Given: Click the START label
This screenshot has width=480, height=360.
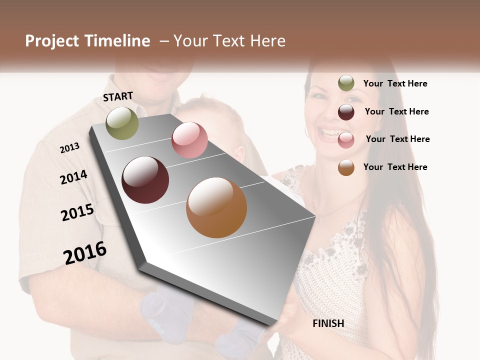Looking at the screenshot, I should point(118,96).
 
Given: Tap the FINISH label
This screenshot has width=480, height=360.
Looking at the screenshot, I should point(328,323).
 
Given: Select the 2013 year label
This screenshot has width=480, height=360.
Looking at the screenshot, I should point(69,148).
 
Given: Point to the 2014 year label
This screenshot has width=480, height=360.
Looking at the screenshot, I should point(73,177).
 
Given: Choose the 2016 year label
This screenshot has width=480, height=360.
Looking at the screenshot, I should point(85,253).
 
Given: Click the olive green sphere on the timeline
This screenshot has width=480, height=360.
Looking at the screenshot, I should point(122,123).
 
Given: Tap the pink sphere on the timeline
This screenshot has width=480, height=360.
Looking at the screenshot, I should point(189,140).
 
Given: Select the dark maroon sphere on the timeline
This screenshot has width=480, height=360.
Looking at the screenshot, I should point(145,180).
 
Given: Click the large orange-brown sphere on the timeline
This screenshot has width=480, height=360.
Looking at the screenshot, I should point(216,207).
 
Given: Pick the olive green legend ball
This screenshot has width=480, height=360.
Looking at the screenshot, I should point(346,83).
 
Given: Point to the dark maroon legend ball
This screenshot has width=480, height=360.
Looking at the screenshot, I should point(346,112).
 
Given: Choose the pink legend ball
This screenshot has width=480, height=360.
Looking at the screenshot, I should point(346,140).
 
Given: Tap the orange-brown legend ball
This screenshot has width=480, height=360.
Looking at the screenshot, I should point(346,167).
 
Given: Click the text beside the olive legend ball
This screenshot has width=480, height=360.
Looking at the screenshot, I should point(395,83).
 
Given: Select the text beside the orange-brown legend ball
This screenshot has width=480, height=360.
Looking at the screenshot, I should point(395,167).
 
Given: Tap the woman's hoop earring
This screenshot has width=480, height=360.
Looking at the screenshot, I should point(307,132).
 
